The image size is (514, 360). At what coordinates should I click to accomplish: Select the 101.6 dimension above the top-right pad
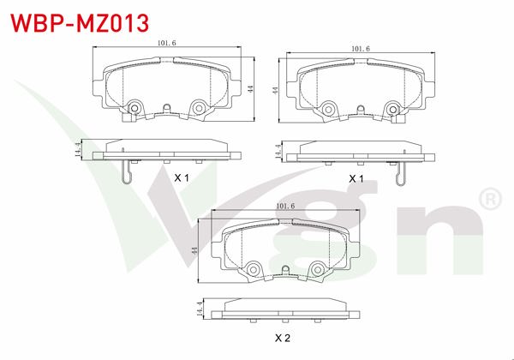pyautogui.click(x=360, y=49)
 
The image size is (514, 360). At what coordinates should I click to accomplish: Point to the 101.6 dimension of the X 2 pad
pyautogui.click(x=284, y=207)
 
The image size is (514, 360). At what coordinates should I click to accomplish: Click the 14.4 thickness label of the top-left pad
pyautogui.click(x=78, y=150)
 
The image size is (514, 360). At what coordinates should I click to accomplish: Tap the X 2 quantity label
pyautogui.click(x=283, y=339)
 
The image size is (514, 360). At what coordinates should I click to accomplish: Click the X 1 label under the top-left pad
pyautogui.click(x=181, y=177)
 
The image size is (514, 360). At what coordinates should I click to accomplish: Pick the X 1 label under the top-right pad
pyautogui.click(x=356, y=177)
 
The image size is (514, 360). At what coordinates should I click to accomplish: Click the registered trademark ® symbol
pyautogui.click(x=489, y=199)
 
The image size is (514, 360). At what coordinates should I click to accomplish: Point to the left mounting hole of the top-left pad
pyautogui.click(x=134, y=108)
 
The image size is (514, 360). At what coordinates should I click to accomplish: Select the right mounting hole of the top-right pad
pyautogui.click(x=392, y=108)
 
